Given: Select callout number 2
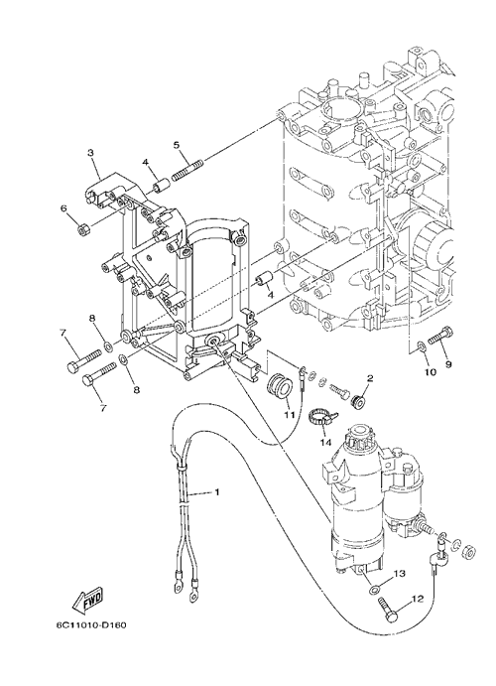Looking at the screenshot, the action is (x=370, y=379).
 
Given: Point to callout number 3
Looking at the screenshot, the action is (x=90, y=153).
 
